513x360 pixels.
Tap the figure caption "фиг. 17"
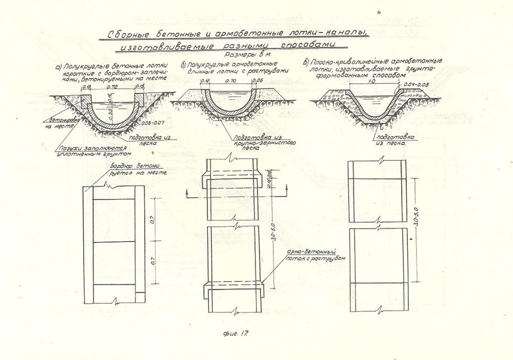[x=236, y=334]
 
